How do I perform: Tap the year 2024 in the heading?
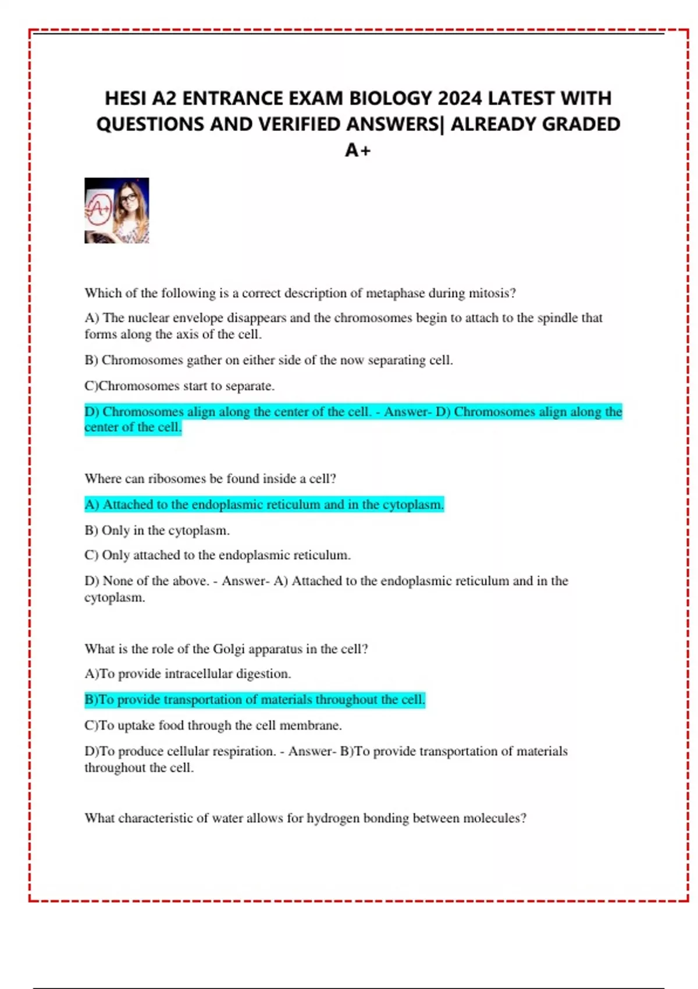460,98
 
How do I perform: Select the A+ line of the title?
358,150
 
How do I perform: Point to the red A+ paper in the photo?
99,209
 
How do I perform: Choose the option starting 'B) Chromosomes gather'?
268,360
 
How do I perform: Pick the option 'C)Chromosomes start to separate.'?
179,386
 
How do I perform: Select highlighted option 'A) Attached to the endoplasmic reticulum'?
264,504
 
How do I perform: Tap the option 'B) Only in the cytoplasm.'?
157,531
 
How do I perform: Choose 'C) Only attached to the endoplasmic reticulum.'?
218,555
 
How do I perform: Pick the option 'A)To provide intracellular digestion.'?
187,674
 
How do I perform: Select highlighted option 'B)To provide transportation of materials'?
255,699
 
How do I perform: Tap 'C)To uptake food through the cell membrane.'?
213,725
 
